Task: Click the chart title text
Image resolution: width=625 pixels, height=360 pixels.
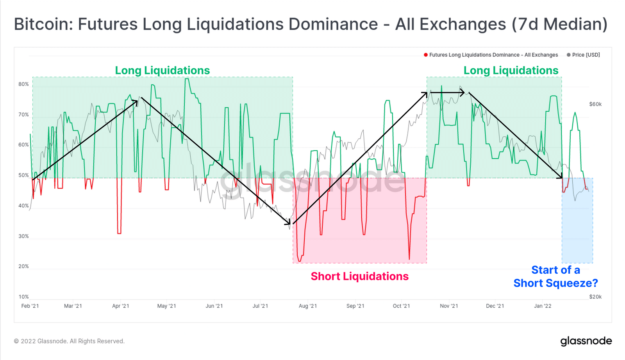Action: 311,24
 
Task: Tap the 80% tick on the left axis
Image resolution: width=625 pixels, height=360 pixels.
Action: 23,84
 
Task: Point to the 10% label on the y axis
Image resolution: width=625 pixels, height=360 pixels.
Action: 23,297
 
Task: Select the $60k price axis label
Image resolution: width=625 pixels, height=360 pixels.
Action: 595,104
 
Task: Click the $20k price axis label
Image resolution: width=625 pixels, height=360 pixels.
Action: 595,297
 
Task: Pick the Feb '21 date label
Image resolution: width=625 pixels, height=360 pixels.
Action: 30,306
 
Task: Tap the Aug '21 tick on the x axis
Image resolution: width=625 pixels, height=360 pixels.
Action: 308,306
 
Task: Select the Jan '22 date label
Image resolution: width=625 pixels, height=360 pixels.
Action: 543,306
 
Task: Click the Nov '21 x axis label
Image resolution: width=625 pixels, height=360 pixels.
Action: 449,306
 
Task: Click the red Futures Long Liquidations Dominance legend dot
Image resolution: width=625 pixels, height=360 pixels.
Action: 426,55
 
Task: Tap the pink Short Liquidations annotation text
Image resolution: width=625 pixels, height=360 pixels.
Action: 359,276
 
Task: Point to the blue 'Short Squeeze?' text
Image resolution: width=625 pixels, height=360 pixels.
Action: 555,283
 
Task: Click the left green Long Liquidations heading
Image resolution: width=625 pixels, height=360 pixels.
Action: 162,71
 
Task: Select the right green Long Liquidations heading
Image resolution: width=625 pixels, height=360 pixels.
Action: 511,71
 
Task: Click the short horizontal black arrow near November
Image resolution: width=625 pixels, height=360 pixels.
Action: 447,93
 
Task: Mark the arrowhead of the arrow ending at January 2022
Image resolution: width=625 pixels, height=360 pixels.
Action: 561,176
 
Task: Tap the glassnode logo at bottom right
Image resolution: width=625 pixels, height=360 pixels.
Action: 586,341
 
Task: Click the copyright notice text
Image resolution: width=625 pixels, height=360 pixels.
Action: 69,341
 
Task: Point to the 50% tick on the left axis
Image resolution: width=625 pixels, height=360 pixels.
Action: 23,176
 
